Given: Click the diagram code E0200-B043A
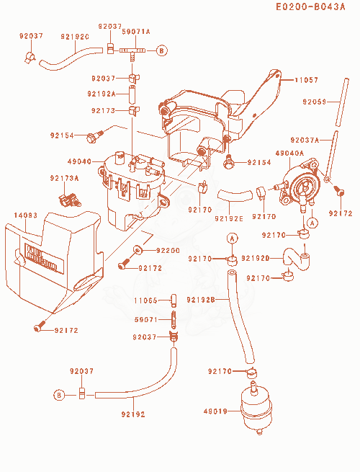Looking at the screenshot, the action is [x=310, y=6].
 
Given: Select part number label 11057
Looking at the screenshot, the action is [x=306, y=80].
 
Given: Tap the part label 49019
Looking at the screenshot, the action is [x=215, y=411].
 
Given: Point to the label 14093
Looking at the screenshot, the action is [x=26, y=215].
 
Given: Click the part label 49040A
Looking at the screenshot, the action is [x=289, y=153].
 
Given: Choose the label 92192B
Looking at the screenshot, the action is [x=201, y=300].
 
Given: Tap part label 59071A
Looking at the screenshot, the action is [x=136, y=32].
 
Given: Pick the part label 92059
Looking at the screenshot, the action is [x=315, y=102].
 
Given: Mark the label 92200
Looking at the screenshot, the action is [x=168, y=251].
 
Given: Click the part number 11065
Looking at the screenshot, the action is [x=145, y=300].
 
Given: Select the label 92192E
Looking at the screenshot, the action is [x=228, y=219].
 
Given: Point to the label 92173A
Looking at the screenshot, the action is [x=64, y=179].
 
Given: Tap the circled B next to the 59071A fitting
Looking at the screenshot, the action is [x=162, y=50].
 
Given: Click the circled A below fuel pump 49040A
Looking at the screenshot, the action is [x=312, y=223].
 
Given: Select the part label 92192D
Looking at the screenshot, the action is [x=256, y=258].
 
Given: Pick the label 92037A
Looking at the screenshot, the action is [x=305, y=140].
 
